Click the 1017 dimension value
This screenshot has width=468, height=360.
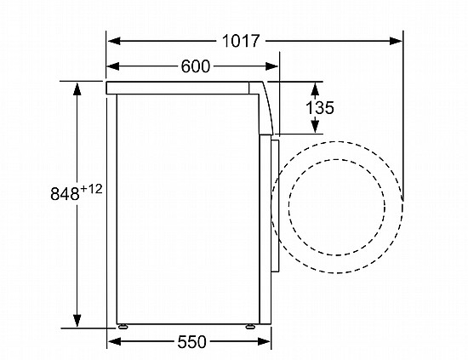(x=241, y=41)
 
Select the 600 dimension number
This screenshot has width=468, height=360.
(x=196, y=66)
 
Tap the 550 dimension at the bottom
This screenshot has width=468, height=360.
(x=191, y=342)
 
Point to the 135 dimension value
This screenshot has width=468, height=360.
(x=320, y=107)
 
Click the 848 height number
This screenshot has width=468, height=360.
(x=65, y=194)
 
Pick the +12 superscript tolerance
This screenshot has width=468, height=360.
(x=91, y=189)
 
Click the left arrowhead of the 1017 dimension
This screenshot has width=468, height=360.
(x=114, y=41)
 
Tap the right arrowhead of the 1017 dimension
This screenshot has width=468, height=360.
(x=396, y=41)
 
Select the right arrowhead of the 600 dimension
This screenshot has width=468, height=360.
(x=271, y=66)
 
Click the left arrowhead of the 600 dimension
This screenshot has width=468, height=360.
(x=113, y=66)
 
